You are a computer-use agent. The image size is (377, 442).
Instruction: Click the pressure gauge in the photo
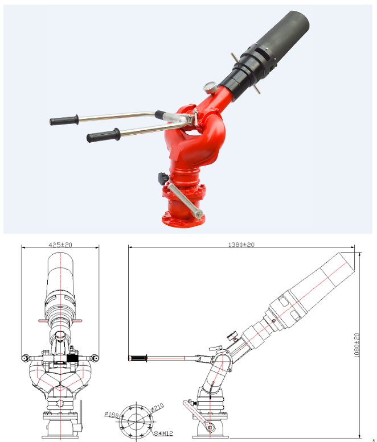[209, 88]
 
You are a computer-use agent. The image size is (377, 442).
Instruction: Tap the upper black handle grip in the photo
[63, 121]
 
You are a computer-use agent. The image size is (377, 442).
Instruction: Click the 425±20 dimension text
[60, 244]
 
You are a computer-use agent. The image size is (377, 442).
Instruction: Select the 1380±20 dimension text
[241, 244]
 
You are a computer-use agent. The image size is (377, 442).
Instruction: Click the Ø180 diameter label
[112, 415]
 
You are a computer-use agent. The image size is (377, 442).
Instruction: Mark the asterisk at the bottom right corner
[373, 440]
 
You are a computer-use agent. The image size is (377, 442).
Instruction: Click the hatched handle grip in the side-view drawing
[138, 358]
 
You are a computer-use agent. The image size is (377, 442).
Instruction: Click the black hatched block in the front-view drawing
[72, 359]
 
